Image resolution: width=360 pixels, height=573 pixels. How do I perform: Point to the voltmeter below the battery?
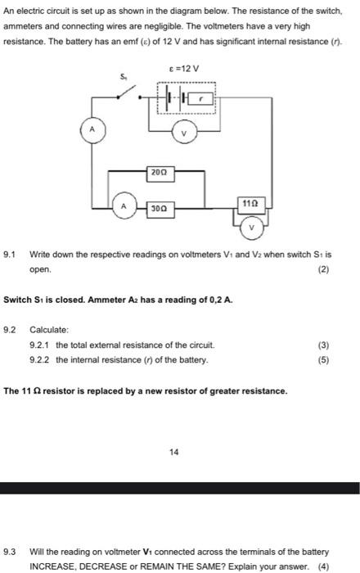pos(184,132)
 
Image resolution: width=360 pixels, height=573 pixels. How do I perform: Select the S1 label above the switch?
pos(124,76)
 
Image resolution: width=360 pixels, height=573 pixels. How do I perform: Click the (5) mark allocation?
pos(325,359)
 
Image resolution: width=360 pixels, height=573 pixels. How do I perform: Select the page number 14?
pos(173,451)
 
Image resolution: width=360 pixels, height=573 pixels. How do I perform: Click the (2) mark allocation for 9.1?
pos(325,268)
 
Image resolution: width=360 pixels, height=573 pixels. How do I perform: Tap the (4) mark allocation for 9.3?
pos(324,566)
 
